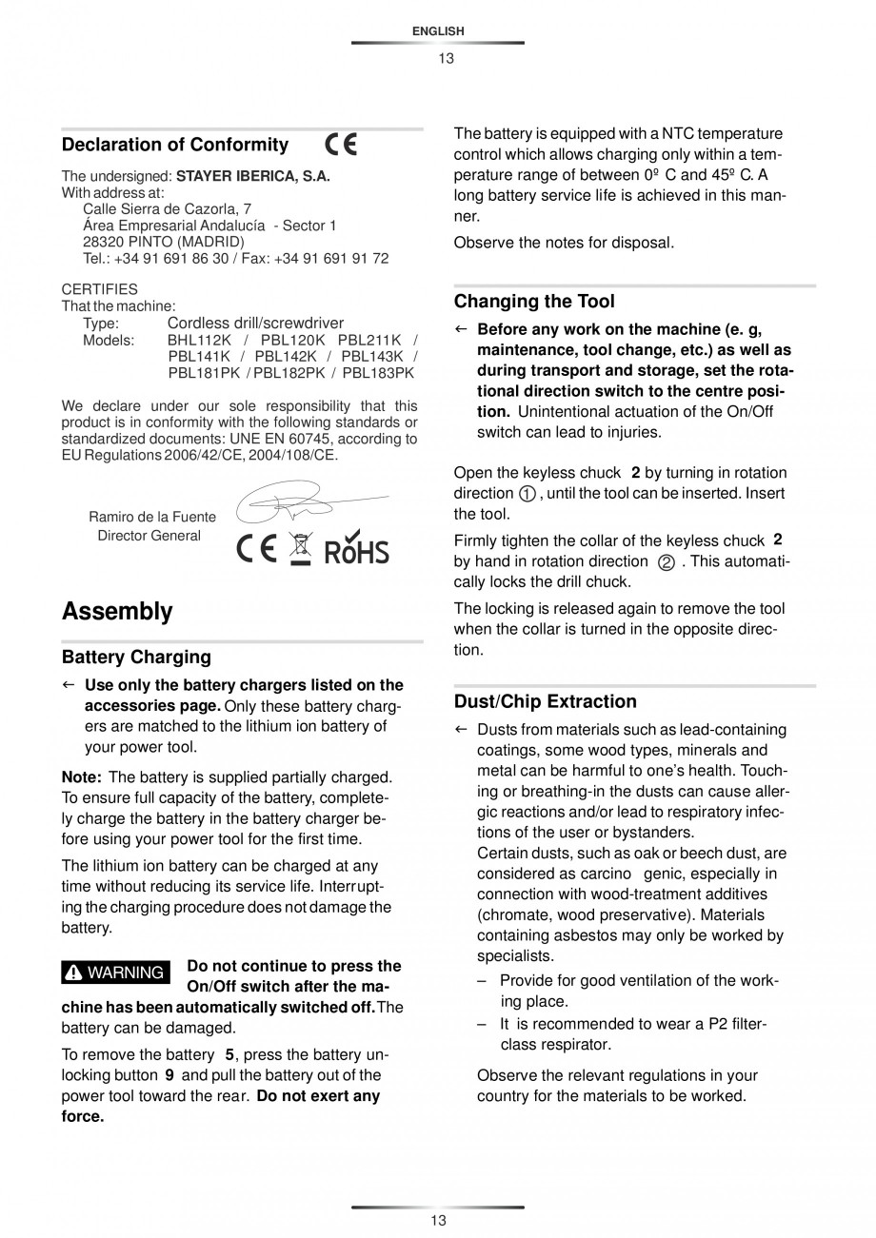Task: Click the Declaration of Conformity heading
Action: [x=174, y=145]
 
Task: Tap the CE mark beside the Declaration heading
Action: [x=341, y=145]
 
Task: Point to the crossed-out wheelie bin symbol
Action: [x=301, y=548]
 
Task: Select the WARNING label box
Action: [x=115, y=973]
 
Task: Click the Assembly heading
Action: [x=117, y=611]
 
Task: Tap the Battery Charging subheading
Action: [x=136, y=657]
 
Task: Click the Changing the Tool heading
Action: [x=533, y=302]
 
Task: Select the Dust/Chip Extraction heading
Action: [x=545, y=701]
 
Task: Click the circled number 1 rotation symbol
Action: [x=528, y=494]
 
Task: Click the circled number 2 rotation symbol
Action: [x=667, y=562]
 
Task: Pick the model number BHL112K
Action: [x=199, y=340]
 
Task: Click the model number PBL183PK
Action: [x=378, y=372]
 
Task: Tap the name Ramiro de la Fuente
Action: [x=151, y=517]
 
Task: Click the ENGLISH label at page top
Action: [x=438, y=31]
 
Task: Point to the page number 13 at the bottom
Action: [x=438, y=1221]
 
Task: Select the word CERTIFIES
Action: [x=99, y=288]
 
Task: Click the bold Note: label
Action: [x=81, y=777]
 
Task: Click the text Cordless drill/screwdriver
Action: [x=255, y=324]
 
